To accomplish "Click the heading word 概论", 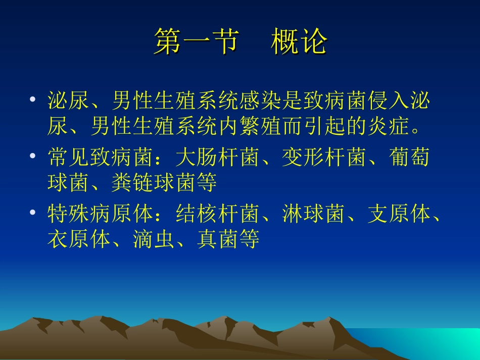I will [299, 41].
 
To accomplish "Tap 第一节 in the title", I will [196, 41].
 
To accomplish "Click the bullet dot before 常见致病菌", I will [33, 157].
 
